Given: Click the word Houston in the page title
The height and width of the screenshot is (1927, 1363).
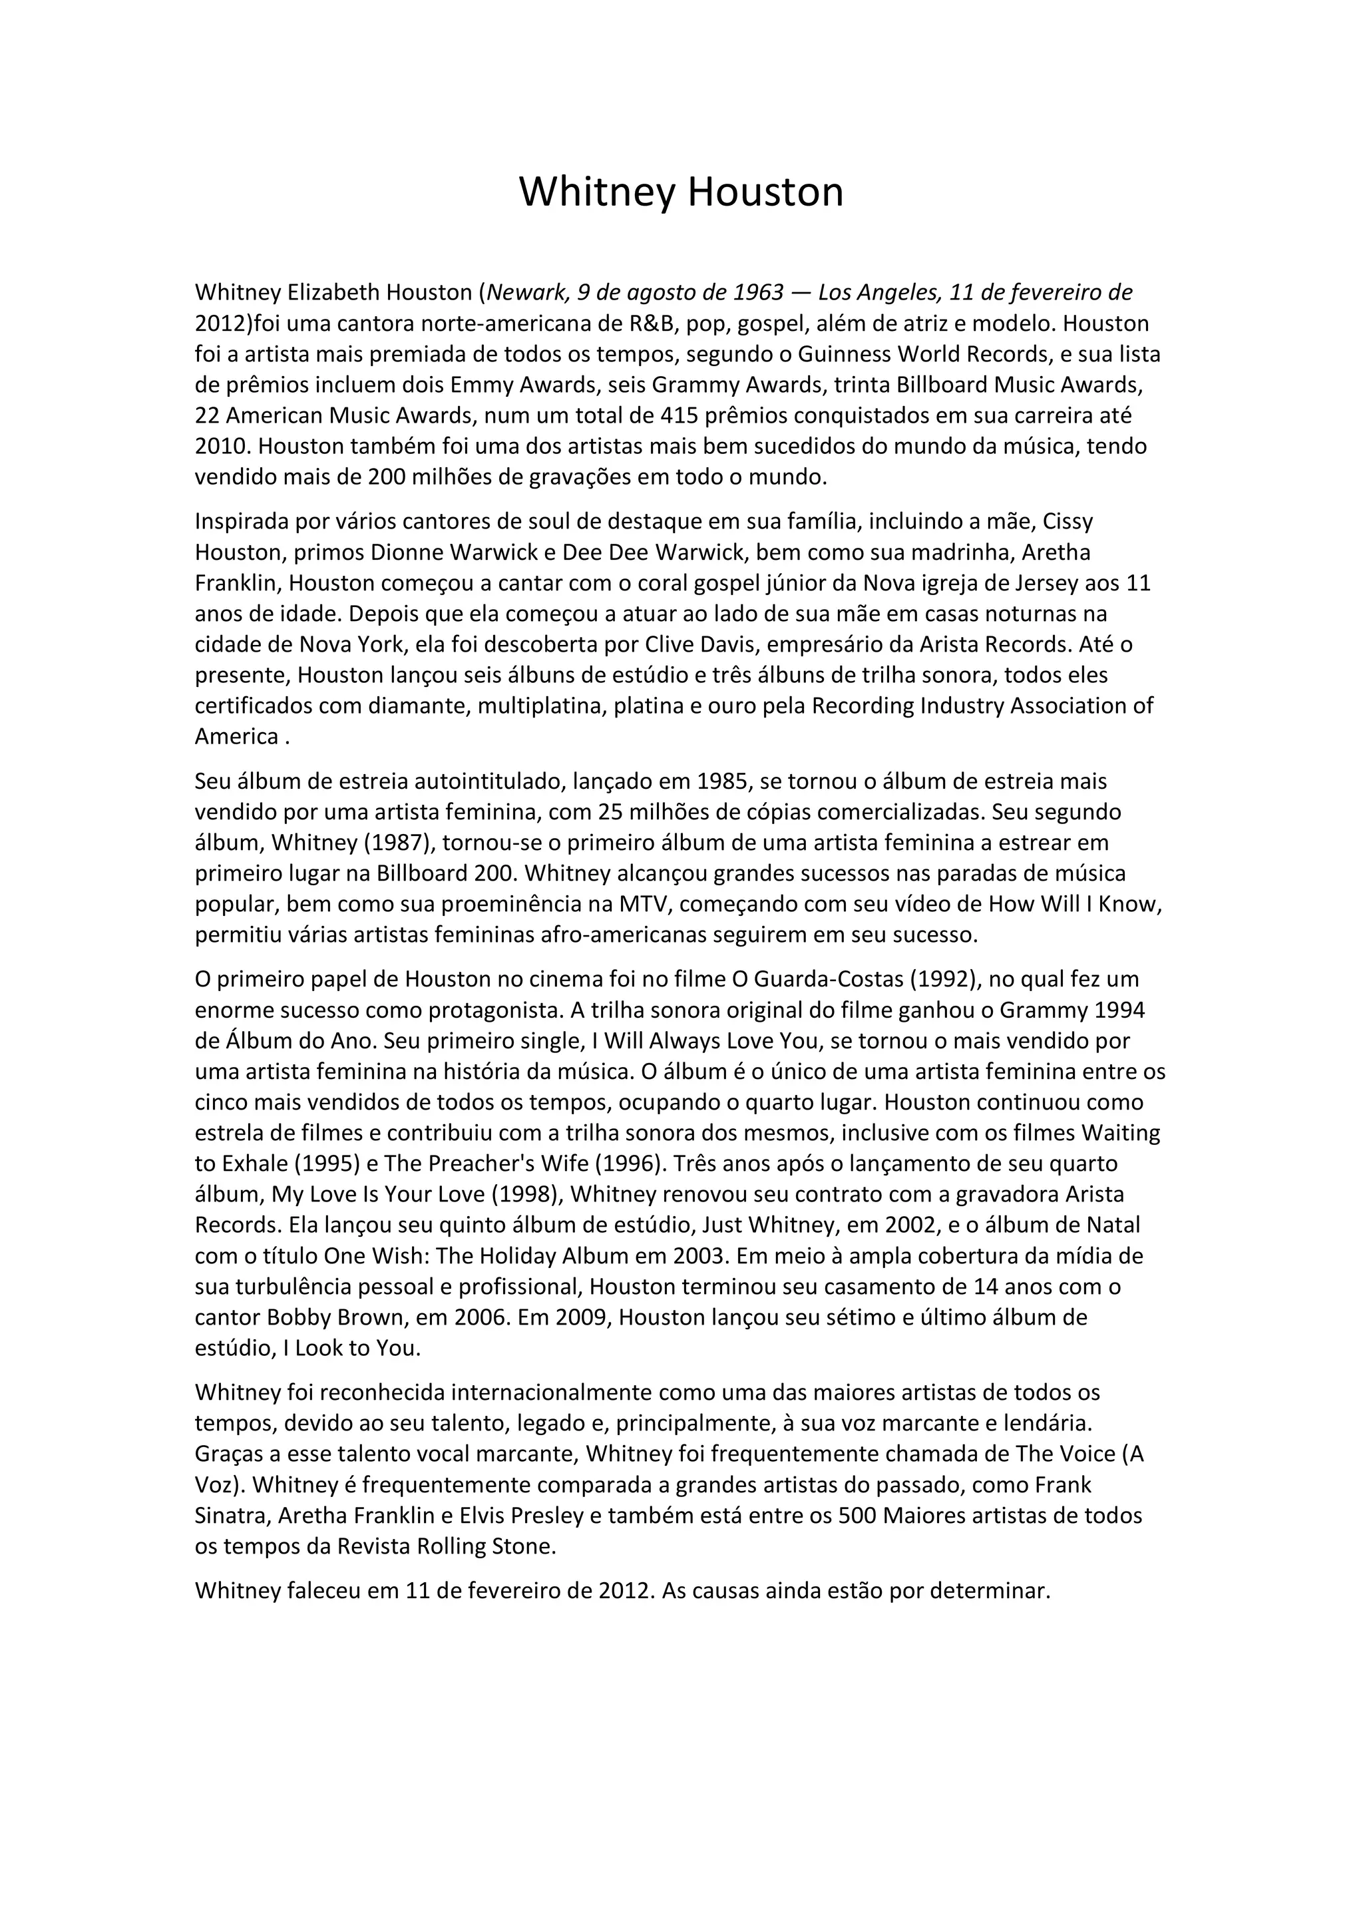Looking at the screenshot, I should click(765, 192).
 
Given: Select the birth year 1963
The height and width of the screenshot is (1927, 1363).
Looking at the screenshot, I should click(759, 292).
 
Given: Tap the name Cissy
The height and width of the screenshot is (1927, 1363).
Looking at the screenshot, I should click(1068, 521).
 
